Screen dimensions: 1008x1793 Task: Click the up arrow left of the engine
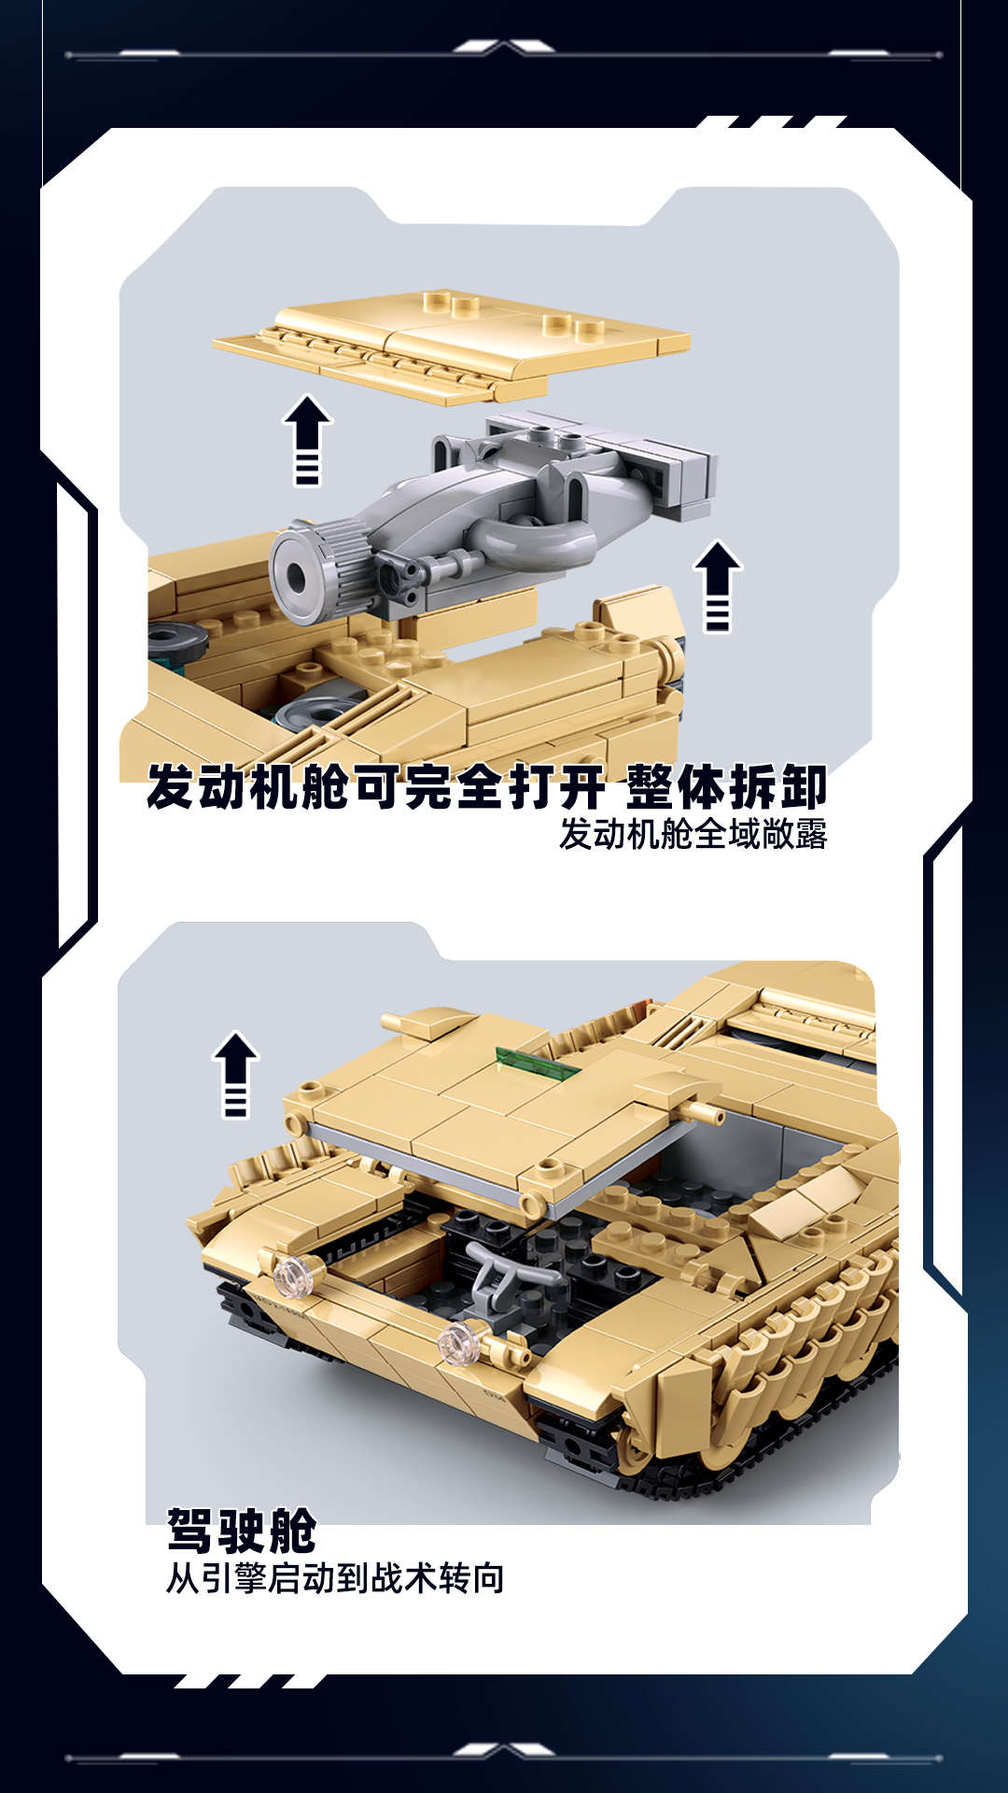pyautogui.click(x=307, y=439)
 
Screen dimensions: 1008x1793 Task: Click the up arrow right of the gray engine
pyautogui.click(x=718, y=586)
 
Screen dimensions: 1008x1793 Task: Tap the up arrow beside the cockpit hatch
pyautogui.click(x=235, y=1074)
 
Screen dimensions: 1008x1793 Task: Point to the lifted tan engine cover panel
pyautogui.click(x=452, y=345)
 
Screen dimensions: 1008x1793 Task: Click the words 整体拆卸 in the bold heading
pyautogui.click(x=726, y=786)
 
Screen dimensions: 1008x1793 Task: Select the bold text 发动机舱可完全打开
pyautogui.click(x=376, y=786)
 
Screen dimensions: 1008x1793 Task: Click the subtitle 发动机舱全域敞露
pyautogui.click(x=693, y=834)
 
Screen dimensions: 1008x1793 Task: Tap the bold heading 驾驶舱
pyautogui.click(x=242, y=1531)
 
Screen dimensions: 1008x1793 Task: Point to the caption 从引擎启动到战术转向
pyautogui.click(x=335, y=1578)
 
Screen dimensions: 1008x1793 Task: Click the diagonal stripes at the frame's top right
pyautogui.click(x=771, y=122)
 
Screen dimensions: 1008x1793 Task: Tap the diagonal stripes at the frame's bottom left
pyautogui.click(x=250, y=1681)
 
